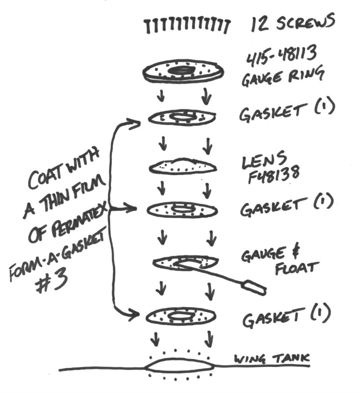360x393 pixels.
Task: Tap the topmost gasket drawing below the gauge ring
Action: (181, 117)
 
